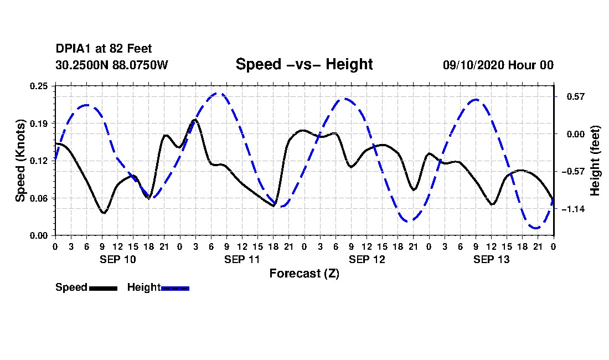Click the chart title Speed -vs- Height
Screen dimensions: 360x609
click(x=304, y=64)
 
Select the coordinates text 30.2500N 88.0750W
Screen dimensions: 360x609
click(x=111, y=65)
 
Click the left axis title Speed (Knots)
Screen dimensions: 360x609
click(x=20, y=160)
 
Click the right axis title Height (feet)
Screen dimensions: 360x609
click(x=596, y=161)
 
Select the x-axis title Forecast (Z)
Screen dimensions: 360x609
click(x=304, y=274)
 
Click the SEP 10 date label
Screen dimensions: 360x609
click(x=117, y=259)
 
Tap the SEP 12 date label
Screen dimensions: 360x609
click(x=367, y=259)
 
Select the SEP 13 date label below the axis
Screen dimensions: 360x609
click(x=491, y=259)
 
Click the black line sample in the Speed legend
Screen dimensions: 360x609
click(x=103, y=288)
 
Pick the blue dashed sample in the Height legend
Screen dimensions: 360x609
click(x=175, y=288)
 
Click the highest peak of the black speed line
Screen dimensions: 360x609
click(x=195, y=119)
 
